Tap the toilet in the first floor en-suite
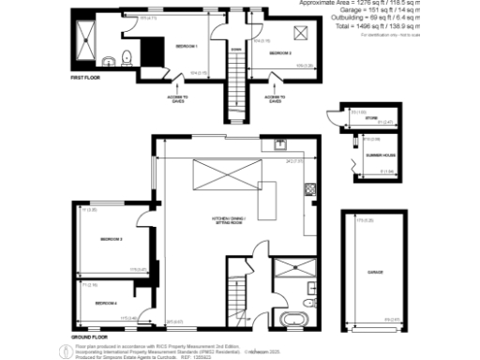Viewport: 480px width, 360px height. [x=112, y=60]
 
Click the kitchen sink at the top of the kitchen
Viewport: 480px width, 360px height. [x=279, y=145]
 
